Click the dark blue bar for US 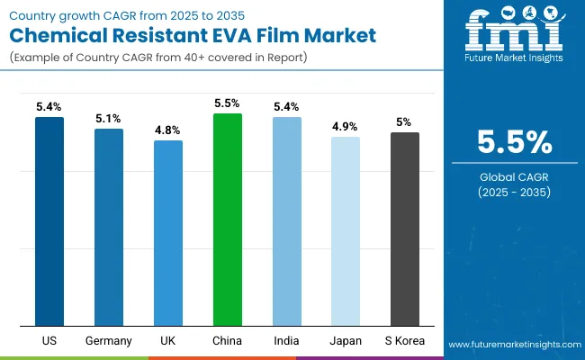click(49, 220)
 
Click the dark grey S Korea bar click(405, 229)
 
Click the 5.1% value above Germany click(109, 118)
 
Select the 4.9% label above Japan click(346, 126)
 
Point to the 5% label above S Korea click(405, 121)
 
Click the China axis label click(228, 340)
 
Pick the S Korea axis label click(405, 340)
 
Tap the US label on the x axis click(49, 340)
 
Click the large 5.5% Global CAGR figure click(514, 142)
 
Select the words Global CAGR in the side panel click(514, 177)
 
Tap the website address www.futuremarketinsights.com click(513, 345)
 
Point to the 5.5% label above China click(228, 103)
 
